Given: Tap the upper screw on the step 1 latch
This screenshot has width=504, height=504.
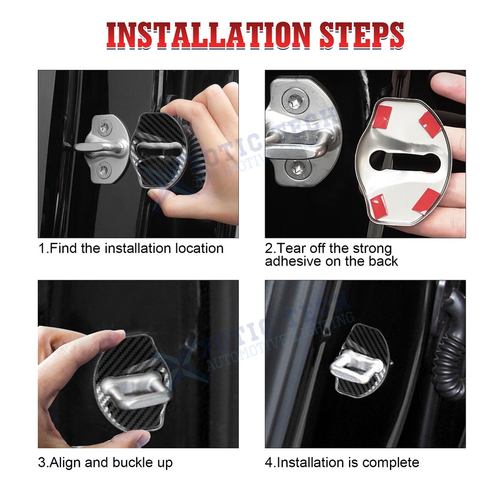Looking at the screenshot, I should (107, 125).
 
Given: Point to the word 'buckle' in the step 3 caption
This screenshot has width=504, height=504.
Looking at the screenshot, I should (133, 463).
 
